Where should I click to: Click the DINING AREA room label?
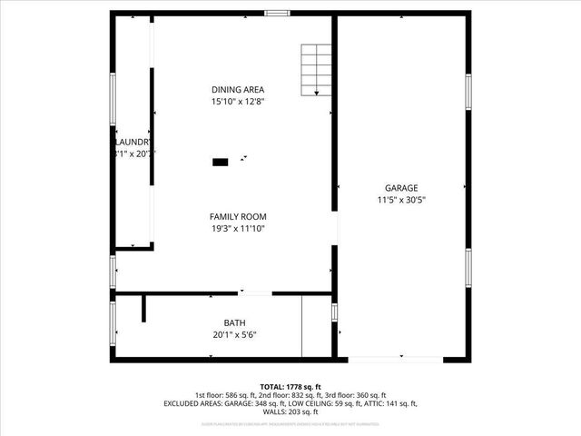[238, 89]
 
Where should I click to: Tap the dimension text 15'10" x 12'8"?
[238, 101]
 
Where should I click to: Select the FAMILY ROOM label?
[238, 216]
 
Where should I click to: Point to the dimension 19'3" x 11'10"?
[238, 228]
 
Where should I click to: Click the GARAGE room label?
[401, 187]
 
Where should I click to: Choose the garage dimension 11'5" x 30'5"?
[401, 199]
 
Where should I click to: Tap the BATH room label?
[235, 323]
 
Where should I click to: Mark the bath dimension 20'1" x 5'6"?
[235, 335]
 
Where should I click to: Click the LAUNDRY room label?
[133, 143]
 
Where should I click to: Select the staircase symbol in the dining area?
[316, 69]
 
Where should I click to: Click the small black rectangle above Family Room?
[220, 162]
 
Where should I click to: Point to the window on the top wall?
[277, 13]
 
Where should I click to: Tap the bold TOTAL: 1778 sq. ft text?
[290, 386]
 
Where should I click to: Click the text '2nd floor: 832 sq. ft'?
[290, 395]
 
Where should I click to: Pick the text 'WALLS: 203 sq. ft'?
[290, 411]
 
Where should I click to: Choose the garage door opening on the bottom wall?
[396, 360]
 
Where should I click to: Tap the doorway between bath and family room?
[255, 292]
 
